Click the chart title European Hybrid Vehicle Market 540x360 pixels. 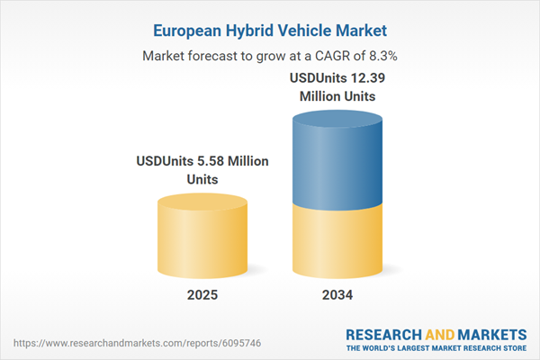pos(269,31)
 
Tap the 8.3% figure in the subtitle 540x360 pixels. pos(379,56)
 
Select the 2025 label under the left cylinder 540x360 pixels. pos(202,294)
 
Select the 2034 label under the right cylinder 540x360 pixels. pos(336,294)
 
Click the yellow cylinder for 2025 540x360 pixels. pos(202,238)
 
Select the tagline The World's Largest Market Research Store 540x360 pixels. pos(439,348)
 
